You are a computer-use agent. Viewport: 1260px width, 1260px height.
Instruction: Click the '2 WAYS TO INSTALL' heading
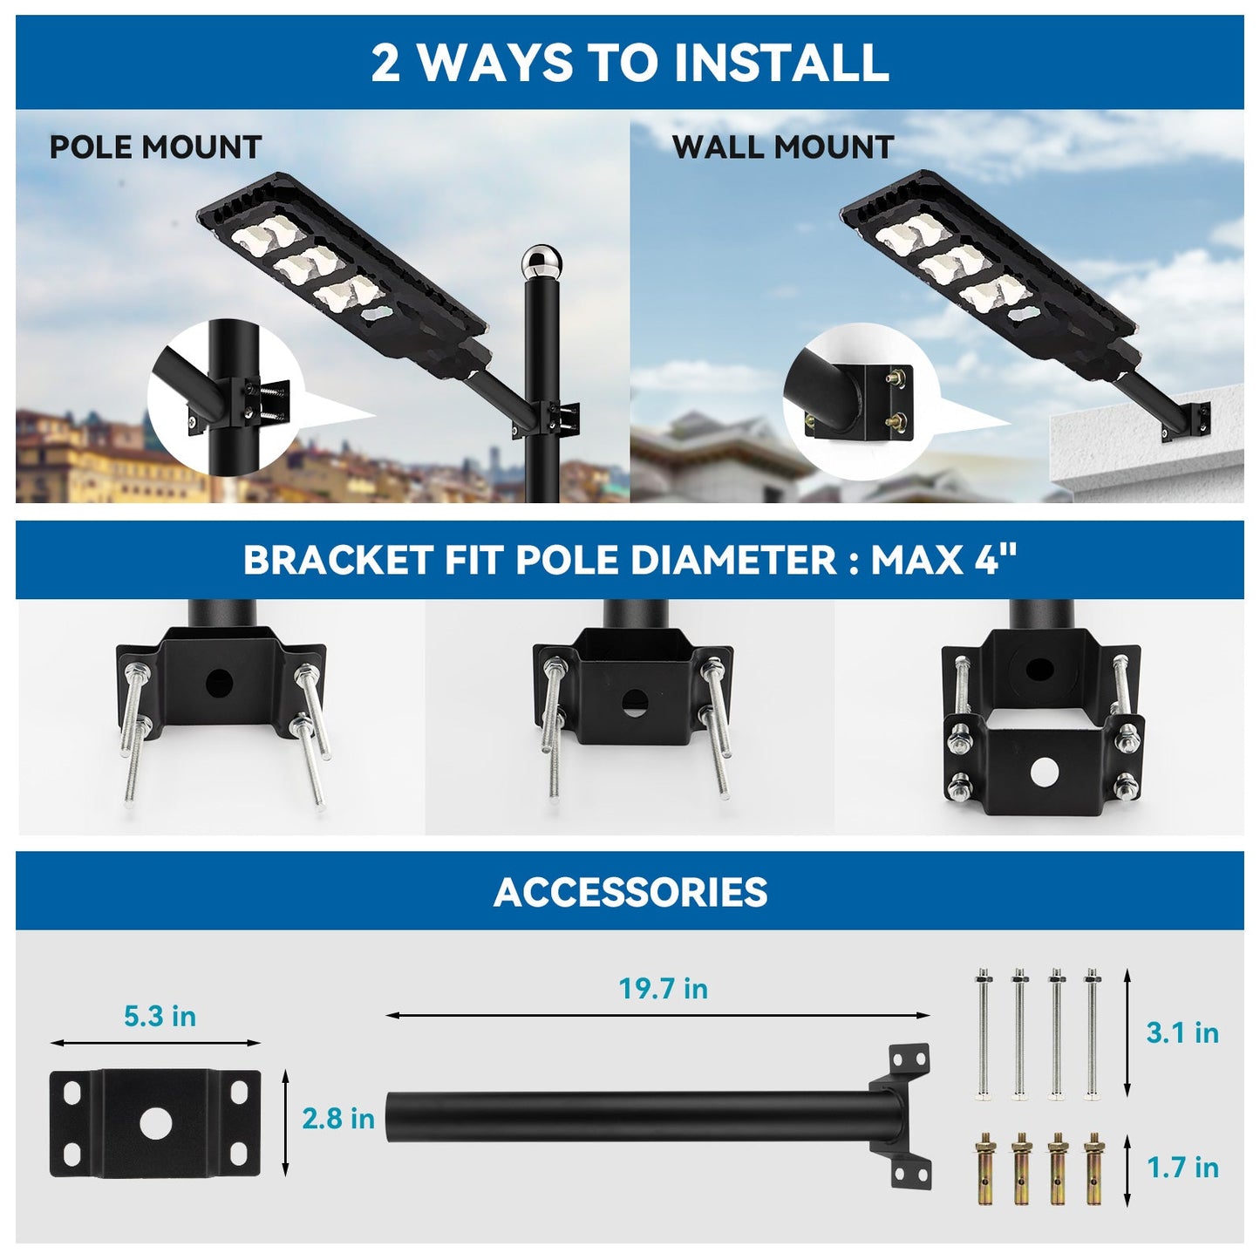click(630, 63)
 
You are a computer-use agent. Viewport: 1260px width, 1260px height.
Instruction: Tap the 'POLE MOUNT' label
click(155, 147)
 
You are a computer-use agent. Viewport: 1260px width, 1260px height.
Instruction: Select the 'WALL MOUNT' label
click(782, 147)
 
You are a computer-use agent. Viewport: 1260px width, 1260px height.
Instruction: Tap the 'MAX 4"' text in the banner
click(944, 560)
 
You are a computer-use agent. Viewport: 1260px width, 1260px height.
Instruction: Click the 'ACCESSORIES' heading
click(630, 892)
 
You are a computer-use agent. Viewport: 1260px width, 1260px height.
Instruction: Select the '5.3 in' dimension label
click(160, 1016)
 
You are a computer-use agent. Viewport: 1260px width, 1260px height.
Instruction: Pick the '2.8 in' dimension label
click(338, 1119)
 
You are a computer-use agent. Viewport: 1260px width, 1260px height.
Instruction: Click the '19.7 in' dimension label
click(663, 989)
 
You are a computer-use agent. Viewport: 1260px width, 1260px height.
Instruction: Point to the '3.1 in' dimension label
click(1182, 1033)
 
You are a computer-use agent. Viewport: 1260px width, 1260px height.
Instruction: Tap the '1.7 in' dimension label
click(1182, 1168)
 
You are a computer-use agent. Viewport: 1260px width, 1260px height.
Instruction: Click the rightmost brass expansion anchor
click(1092, 1168)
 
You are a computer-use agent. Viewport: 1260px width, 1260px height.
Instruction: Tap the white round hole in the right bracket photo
click(1043, 771)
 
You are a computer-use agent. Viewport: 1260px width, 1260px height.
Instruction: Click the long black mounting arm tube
click(628, 1114)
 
